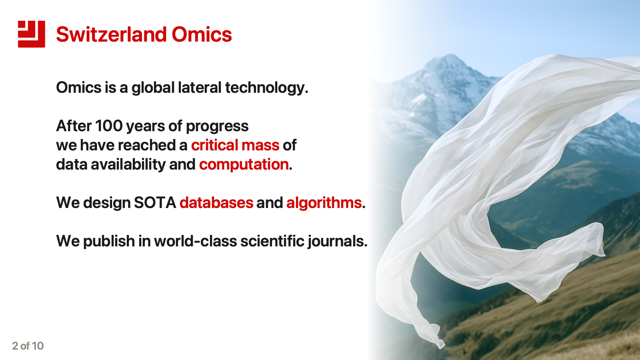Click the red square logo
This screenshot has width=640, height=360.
[31, 34]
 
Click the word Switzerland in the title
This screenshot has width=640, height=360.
[111, 34]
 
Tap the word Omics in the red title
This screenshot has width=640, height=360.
[202, 34]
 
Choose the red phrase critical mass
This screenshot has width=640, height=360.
[235, 145]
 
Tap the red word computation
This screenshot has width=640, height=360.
[244, 164]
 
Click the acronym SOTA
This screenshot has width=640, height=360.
[155, 203]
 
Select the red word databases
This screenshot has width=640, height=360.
[216, 203]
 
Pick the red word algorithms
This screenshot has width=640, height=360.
[324, 203]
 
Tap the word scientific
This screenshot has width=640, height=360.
[272, 241]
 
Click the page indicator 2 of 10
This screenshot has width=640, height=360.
[28, 346]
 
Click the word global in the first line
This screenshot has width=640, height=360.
[153, 88]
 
